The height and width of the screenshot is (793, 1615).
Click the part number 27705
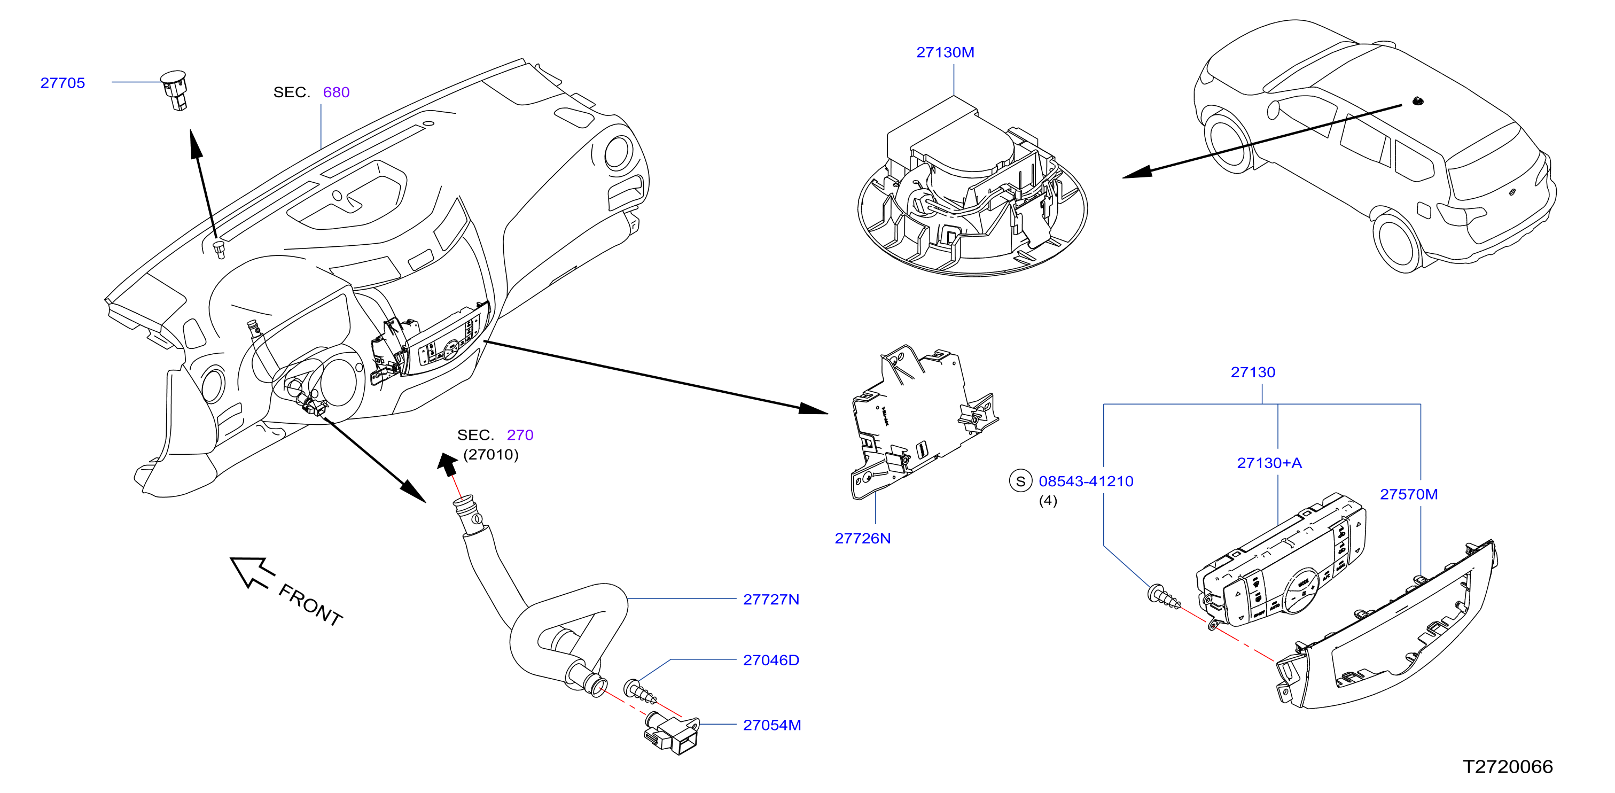63,83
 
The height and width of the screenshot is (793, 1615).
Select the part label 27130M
945,52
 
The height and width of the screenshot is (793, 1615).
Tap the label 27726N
862,538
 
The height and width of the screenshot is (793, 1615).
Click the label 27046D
770,659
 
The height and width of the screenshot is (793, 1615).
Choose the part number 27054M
772,725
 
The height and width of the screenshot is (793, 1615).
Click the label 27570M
1409,494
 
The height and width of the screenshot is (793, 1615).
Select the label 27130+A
1269,463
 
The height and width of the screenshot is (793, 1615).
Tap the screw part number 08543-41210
1086,481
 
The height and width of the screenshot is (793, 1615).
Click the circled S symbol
1020,481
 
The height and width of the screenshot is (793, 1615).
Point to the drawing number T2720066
1507,766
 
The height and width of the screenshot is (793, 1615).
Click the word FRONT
310,605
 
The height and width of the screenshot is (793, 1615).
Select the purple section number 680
336,92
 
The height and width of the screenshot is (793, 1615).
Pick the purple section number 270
520,434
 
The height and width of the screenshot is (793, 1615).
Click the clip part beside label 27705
175,90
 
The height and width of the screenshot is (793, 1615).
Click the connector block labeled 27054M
672,734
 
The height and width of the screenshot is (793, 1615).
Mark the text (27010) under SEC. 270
491,455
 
